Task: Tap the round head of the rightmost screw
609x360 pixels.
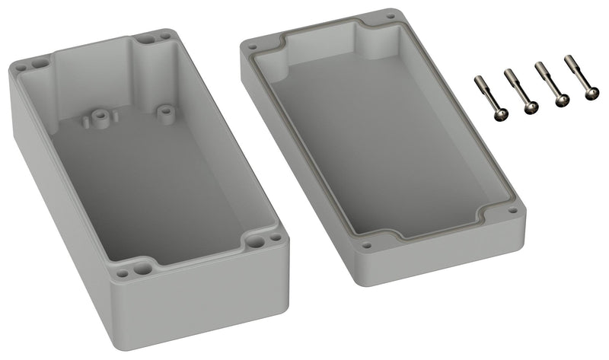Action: click(591, 93)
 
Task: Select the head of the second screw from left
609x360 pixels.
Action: click(531, 107)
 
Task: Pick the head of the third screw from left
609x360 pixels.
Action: click(562, 100)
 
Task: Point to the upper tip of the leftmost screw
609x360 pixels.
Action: click(479, 79)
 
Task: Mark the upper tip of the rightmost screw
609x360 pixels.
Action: click(569, 59)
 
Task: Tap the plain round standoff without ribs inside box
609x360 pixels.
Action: click(162, 111)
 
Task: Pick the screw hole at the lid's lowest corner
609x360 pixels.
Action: click(368, 245)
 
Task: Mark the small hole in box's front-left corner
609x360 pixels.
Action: click(121, 270)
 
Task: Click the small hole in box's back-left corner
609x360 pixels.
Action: click(20, 68)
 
